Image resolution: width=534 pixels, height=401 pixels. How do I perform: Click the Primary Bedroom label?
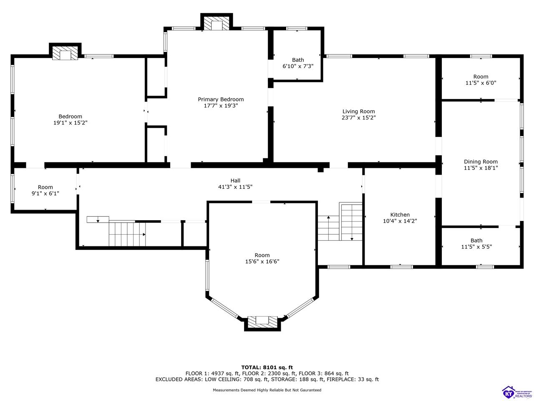point(220,99)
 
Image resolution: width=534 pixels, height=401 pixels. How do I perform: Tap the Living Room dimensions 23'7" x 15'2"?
point(358,118)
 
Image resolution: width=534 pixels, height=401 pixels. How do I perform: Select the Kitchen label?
point(400,215)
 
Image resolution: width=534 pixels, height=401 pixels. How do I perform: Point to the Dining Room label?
point(481,162)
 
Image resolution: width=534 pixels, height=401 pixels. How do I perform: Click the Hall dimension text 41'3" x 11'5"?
point(235,187)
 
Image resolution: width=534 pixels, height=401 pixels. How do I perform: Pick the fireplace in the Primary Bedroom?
point(216,24)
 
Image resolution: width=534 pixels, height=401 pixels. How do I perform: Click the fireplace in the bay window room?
point(262,322)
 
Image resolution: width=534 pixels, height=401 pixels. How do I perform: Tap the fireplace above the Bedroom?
point(65,53)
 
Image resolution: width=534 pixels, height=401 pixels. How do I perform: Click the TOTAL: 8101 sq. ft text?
point(267,368)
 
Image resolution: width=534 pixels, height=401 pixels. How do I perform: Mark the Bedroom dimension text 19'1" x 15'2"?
point(71,123)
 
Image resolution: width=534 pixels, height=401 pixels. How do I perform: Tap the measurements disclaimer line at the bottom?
point(267,390)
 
